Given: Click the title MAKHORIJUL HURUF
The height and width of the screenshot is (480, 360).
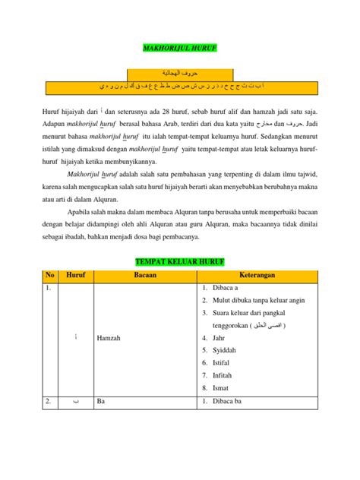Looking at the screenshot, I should click(180, 48).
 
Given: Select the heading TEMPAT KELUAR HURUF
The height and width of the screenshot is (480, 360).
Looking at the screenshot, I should click(180, 262).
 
